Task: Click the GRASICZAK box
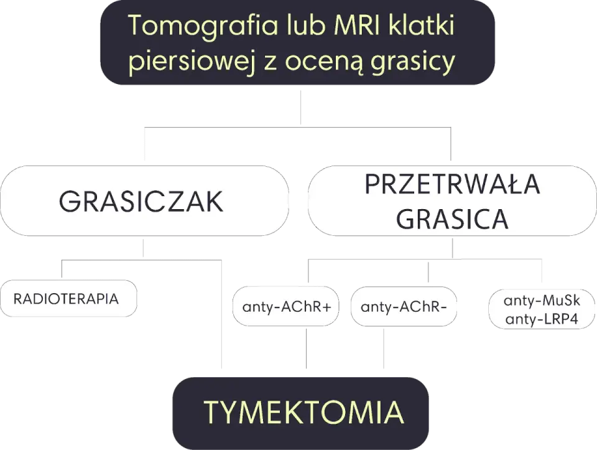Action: click(x=144, y=201)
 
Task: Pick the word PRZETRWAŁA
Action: click(x=452, y=184)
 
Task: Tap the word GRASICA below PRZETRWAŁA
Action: click(x=452, y=218)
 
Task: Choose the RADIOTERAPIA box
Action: click(x=68, y=298)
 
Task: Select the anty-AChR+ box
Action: click(x=285, y=306)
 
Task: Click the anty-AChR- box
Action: click(x=404, y=306)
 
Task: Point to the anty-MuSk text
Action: click(x=542, y=301)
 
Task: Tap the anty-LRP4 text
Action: click(x=542, y=319)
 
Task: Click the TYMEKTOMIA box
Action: click(x=301, y=413)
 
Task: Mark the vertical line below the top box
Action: click(x=301, y=107)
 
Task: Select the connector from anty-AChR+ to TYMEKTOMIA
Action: click(x=307, y=349)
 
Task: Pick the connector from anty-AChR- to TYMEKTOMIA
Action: click(x=384, y=349)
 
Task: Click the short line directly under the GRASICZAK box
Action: click(x=143, y=248)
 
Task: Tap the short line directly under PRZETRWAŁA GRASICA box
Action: click(x=452, y=248)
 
